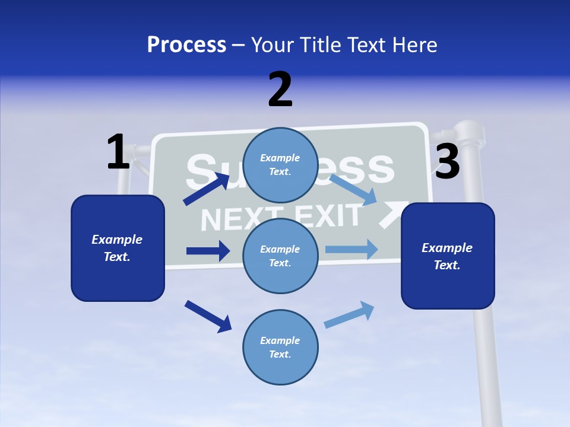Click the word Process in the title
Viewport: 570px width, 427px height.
[x=186, y=44]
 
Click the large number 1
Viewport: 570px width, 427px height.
[x=118, y=152]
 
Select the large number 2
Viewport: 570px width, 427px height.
[x=280, y=90]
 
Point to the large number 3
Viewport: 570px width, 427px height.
[x=447, y=162]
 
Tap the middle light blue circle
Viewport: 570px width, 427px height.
[x=280, y=256]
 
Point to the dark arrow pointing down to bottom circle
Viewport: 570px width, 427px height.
[x=208, y=316]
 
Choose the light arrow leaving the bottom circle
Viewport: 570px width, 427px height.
[x=350, y=314]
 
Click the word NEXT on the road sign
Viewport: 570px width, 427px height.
[x=231, y=219]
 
